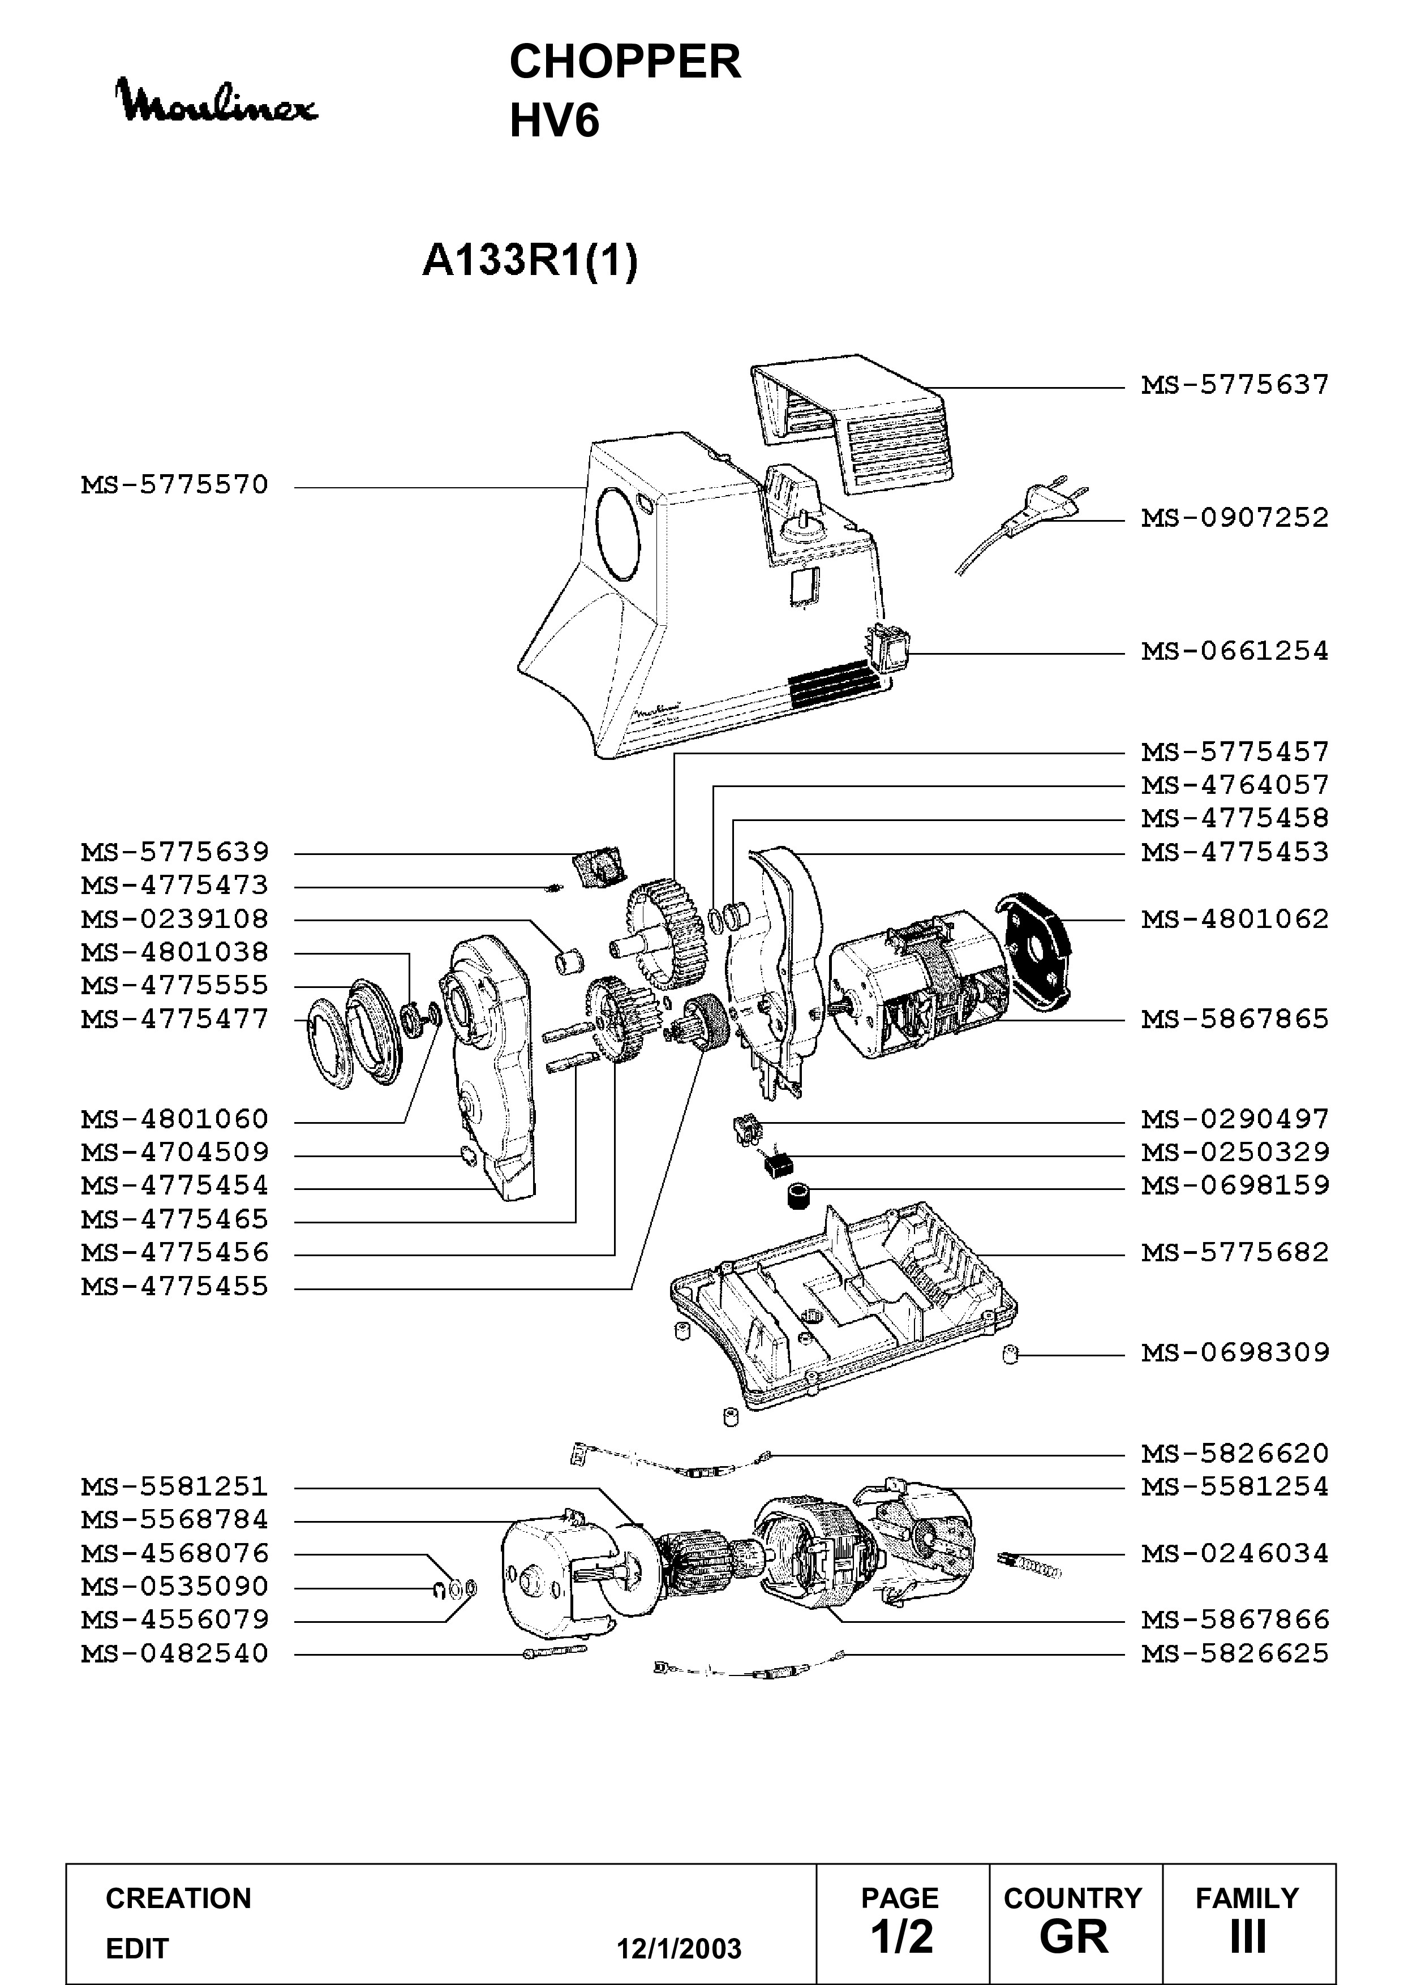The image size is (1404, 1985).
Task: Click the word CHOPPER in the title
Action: coord(625,62)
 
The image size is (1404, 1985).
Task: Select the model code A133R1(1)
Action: coord(530,260)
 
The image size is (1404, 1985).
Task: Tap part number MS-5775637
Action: coord(1235,385)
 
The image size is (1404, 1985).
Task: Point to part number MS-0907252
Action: coord(1235,518)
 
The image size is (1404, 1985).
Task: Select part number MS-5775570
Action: coord(175,485)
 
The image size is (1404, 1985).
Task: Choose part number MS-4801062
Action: coord(1235,919)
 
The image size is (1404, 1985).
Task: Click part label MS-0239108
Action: coord(175,919)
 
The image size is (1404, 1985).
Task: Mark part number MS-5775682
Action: coord(1235,1253)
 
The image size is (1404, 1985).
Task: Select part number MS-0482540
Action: coord(175,1654)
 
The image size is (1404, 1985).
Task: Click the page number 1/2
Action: coord(901,1936)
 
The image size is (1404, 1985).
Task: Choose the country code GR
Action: coord(1074,1936)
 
